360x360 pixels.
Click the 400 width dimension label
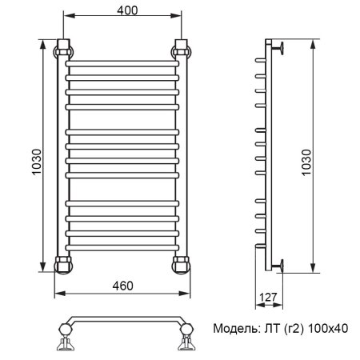click(x=122, y=10)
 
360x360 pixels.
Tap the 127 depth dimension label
click(x=268, y=298)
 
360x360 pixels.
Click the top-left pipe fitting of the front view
click(x=63, y=49)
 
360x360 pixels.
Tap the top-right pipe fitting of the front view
click(x=180, y=49)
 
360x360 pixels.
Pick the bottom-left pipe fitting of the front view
click(x=63, y=264)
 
